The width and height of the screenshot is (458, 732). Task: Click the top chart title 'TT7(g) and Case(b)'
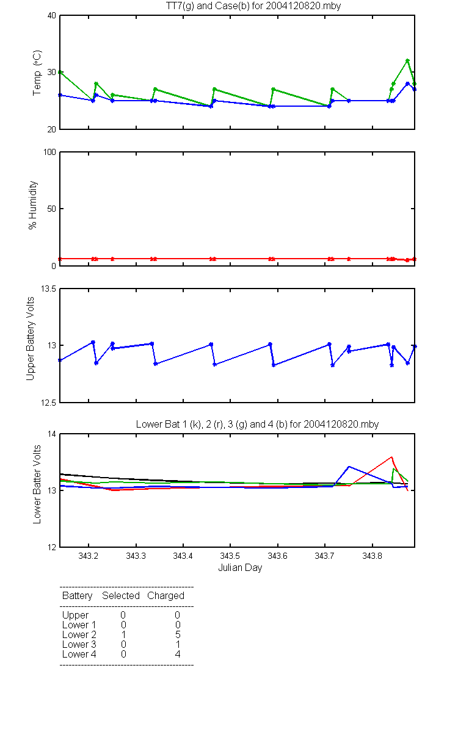click(208, 6)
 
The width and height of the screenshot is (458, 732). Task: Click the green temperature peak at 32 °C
click(407, 60)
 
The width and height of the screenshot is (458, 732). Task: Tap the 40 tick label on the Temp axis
click(52, 16)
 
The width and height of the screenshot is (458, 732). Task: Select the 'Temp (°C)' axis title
click(37, 73)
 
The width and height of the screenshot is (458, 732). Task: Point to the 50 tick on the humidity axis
click(52, 209)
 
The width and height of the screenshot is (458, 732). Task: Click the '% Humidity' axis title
click(33, 205)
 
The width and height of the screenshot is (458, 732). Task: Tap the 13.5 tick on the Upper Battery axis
click(48, 289)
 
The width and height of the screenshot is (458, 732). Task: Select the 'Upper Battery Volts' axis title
click(30, 339)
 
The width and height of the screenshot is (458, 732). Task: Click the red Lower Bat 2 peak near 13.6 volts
click(391, 457)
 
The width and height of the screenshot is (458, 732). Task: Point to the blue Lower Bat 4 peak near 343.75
click(349, 467)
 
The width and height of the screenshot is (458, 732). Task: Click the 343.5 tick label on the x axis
click(230, 556)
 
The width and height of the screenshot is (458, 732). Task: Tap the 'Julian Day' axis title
click(240, 568)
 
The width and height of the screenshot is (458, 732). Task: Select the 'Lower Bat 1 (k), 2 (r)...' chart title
click(257, 424)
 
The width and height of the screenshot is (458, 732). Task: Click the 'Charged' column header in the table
click(165, 595)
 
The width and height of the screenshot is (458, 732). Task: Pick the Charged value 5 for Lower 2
click(178, 634)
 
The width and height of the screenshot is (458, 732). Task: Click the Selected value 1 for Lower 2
click(123, 634)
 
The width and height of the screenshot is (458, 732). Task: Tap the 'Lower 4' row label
click(79, 654)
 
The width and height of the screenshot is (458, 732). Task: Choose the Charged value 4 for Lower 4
click(178, 654)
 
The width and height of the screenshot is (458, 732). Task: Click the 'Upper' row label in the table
click(75, 615)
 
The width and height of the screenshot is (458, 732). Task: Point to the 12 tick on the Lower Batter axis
click(52, 547)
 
